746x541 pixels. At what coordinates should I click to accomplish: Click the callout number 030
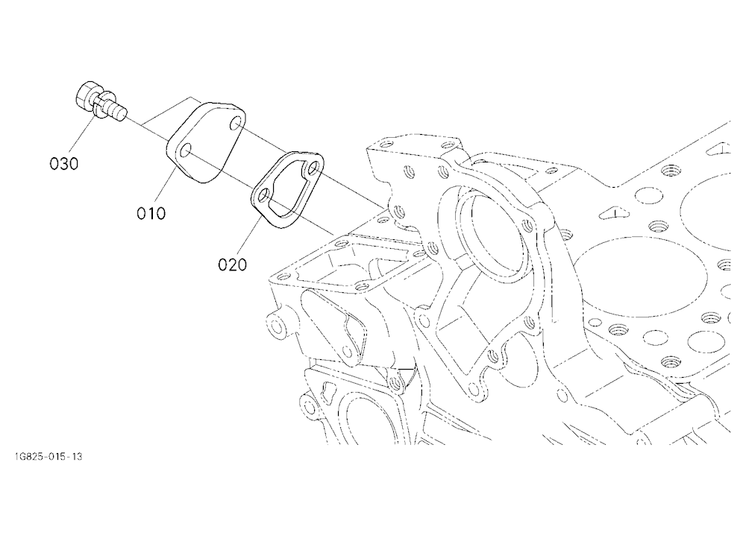63,163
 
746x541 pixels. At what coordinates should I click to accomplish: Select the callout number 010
151,213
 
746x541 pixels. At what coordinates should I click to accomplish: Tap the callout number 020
233,265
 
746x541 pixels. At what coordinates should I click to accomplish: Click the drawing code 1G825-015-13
48,457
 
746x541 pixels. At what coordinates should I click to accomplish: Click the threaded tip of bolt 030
119,113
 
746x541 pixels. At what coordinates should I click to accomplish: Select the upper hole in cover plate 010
235,125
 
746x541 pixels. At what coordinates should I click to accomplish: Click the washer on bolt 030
101,104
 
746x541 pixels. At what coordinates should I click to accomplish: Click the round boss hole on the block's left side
275,326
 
